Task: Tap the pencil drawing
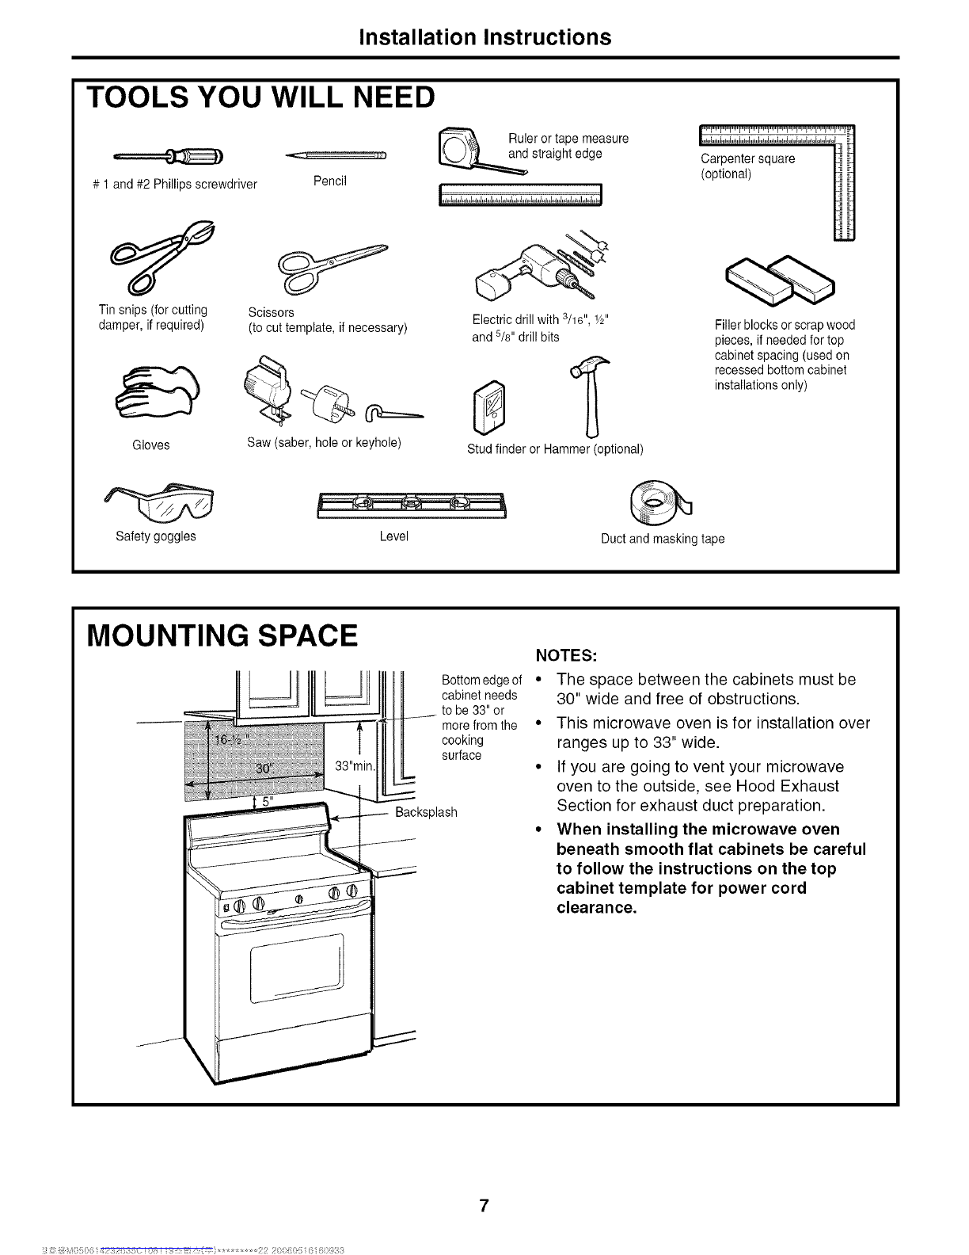click(336, 154)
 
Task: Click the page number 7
click(484, 1185)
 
